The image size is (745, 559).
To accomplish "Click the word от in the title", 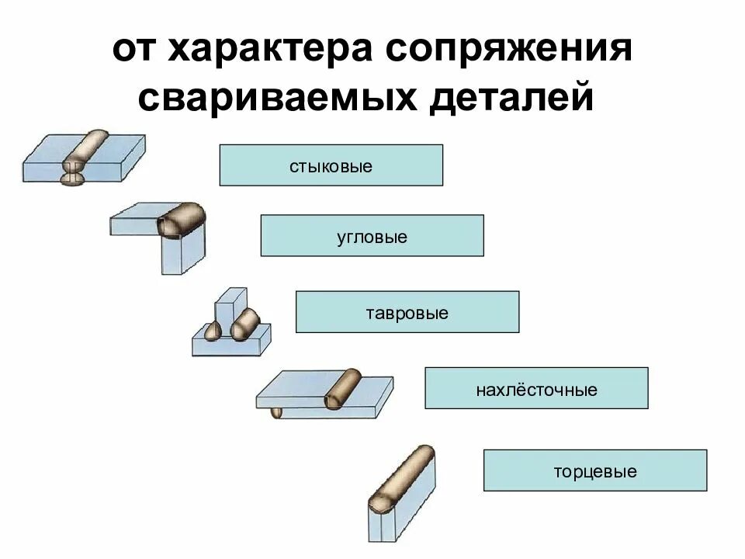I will click(x=135, y=52).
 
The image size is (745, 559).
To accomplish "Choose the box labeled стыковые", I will click(x=331, y=165).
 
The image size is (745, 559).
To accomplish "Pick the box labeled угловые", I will click(x=372, y=236).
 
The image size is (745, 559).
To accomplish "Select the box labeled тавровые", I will click(x=407, y=312).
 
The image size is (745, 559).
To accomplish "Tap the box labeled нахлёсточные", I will click(x=536, y=388).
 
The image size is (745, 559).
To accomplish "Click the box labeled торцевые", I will click(x=595, y=470).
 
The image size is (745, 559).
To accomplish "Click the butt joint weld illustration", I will click(x=84, y=158).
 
